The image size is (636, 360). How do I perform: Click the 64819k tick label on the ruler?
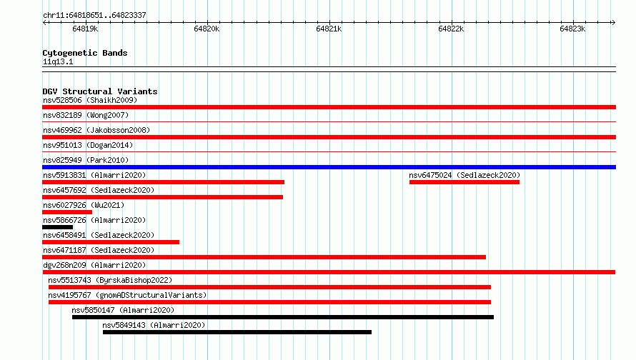[x=85, y=29]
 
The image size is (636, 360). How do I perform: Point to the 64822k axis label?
[x=451, y=29]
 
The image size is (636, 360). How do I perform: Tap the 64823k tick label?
[x=572, y=29]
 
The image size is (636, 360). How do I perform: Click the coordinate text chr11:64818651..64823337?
[x=94, y=15]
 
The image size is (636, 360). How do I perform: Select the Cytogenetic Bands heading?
[x=85, y=53]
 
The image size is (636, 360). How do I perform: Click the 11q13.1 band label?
[x=58, y=61]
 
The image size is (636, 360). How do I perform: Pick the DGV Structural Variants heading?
[x=100, y=91]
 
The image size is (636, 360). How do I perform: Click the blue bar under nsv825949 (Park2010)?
[x=329, y=167]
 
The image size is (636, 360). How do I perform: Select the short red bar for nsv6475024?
[x=464, y=182]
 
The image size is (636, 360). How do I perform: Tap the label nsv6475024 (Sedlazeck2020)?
[x=464, y=175]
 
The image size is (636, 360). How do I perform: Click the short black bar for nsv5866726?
[x=58, y=227]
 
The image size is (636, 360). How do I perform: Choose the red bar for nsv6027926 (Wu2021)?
[x=67, y=212]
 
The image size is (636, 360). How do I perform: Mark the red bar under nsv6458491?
[x=111, y=242]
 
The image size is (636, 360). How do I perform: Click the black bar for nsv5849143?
[x=237, y=332]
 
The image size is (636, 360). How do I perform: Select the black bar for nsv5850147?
[x=283, y=317]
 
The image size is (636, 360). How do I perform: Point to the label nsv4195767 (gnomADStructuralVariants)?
[x=127, y=295]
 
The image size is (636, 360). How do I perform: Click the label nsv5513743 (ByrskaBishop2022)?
[x=110, y=280]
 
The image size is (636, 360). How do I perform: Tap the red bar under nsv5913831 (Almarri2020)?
[x=163, y=182]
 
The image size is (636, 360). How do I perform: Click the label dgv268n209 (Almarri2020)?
[x=94, y=265]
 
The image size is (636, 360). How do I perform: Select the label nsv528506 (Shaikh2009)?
[x=90, y=100]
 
